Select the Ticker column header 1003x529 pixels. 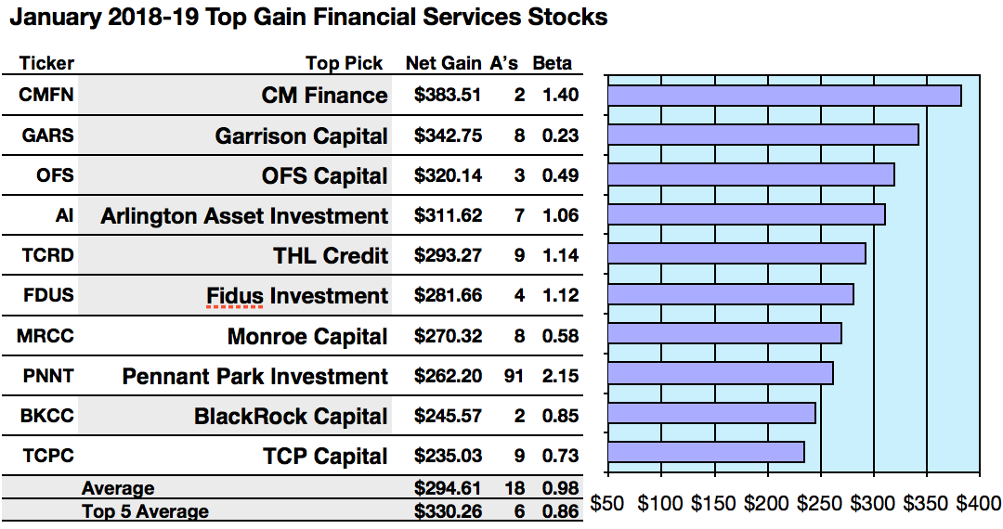point(46,64)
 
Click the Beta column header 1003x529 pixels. point(552,64)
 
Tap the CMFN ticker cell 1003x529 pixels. point(46,95)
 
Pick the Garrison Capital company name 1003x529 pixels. point(301,135)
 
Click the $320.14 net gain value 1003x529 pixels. point(448,175)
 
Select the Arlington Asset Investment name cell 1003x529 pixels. point(244,216)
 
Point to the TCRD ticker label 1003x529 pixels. point(46,255)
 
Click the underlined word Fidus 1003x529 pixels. point(236,296)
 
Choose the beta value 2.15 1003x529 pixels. point(560,376)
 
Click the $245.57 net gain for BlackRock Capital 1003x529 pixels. point(448,416)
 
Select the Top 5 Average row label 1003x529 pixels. point(145,511)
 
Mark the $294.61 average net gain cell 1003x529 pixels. point(448,488)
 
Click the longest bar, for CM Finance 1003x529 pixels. point(784,96)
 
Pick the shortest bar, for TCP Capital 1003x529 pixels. point(706,452)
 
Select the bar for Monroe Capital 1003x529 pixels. point(724,333)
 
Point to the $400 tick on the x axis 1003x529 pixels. point(978,505)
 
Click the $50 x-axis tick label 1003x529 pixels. point(607,505)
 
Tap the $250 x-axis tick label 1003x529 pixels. point(823,505)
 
